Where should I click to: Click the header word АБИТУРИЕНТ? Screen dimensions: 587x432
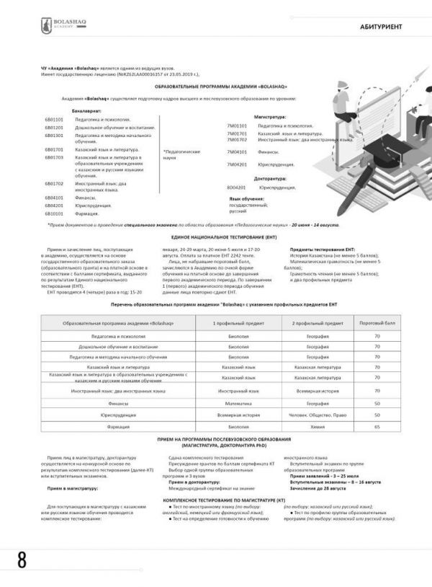(x=381, y=27)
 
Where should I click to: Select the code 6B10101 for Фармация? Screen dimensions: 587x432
(x=55, y=213)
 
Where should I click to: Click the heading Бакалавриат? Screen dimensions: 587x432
(x=87, y=111)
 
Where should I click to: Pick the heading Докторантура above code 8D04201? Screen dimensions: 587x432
(x=270, y=178)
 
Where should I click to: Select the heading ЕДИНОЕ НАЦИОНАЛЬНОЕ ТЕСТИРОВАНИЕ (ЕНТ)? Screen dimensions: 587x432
(x=215, y=237)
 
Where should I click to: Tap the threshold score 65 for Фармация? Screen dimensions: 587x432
(x=377, y=427)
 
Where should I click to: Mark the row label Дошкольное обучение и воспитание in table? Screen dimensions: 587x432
(x=118, y=346)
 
